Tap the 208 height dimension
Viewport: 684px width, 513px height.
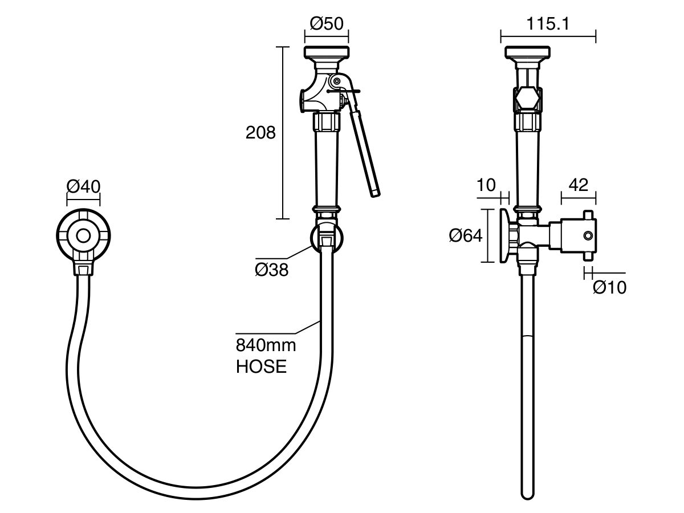click(x=260, y=133)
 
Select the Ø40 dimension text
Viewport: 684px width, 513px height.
click(x=83, y=186)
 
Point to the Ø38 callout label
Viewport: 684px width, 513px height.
click(x=272, y=270)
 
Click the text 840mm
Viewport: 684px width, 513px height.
click(x=266, y=345)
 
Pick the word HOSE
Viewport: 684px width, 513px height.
click(x=261, y=367)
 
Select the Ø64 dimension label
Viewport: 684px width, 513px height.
click(x=466, y=235)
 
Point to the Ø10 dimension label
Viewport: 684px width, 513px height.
click(x=609, y=288)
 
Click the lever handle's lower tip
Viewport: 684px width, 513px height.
click(x=374, y=193)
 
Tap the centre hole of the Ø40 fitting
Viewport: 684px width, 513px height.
click(x=84, y=235)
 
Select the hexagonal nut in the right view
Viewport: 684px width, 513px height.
click(x=528, y=100)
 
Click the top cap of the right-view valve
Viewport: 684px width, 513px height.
click(x=528, y=52)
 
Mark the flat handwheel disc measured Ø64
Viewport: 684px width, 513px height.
click(x=505, y=235)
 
